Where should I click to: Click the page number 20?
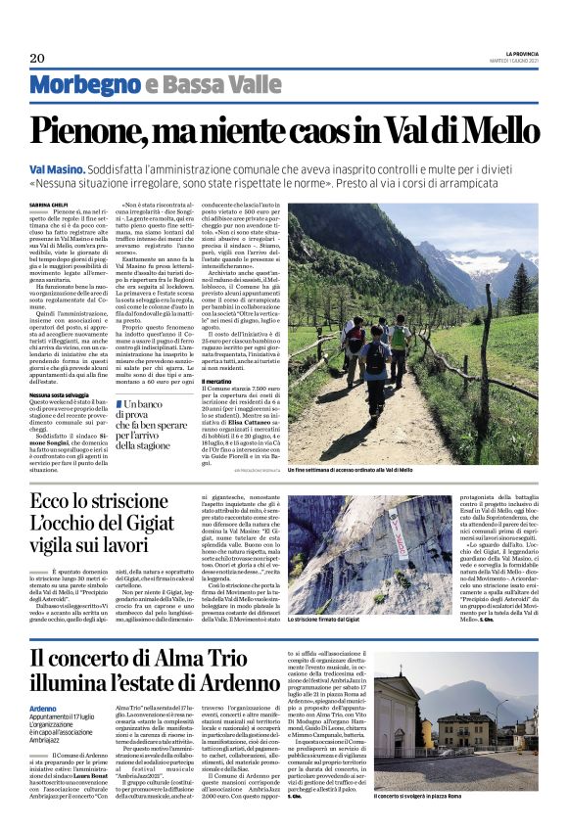click(36, 59)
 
